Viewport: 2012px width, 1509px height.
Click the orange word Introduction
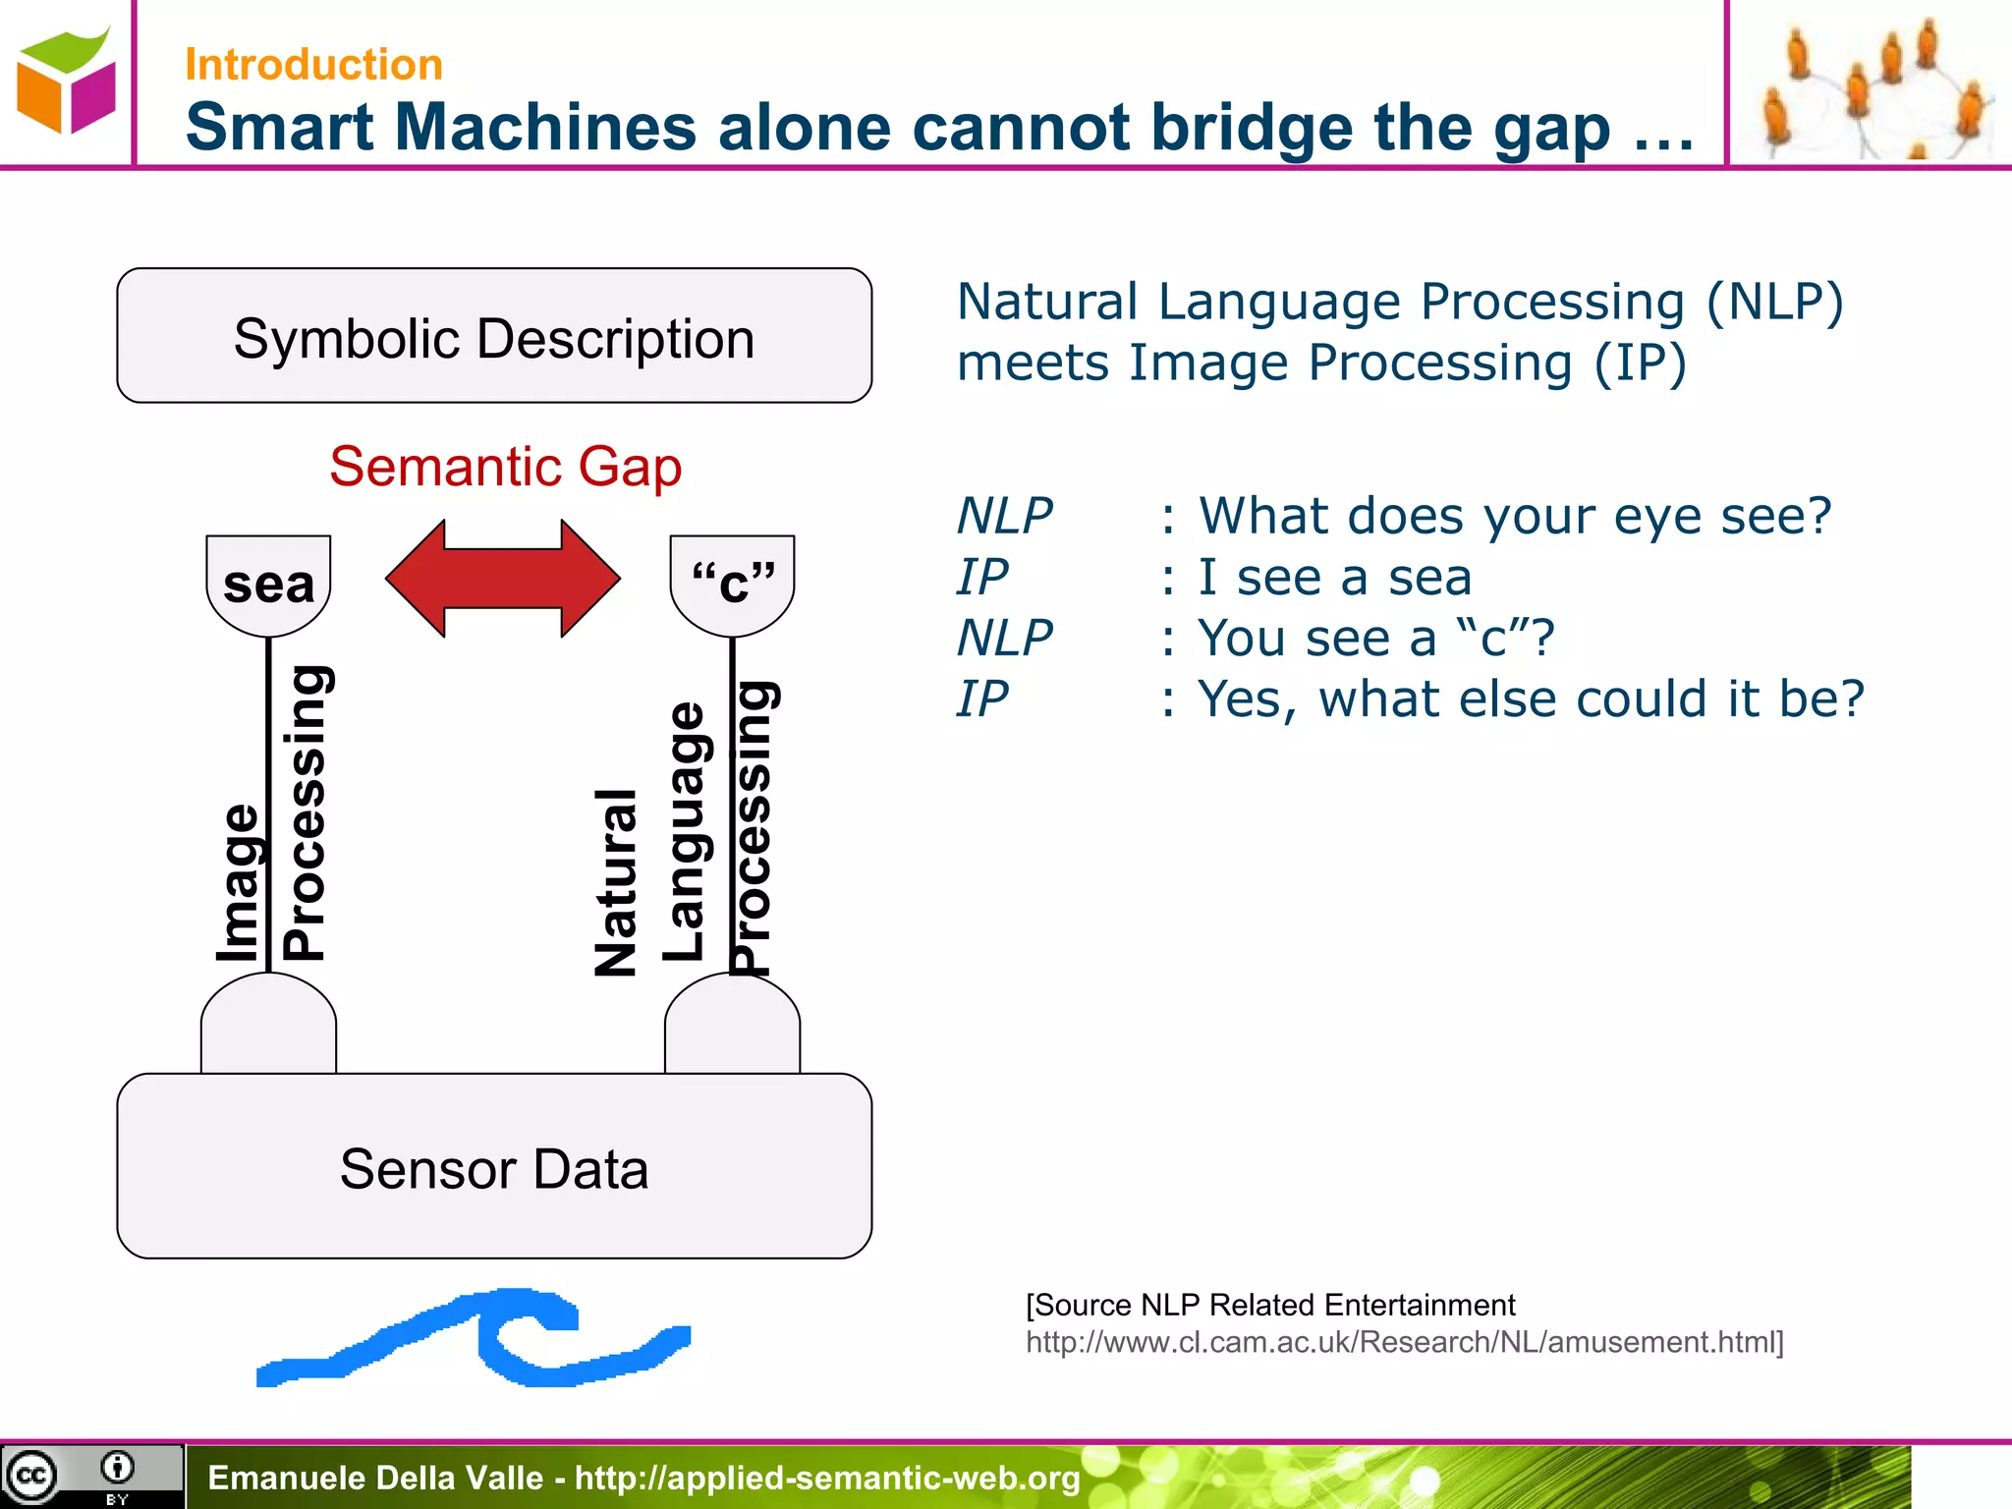coord(313,65)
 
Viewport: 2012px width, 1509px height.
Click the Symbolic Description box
coord(494,336)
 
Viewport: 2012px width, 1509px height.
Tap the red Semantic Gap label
coord(505,467)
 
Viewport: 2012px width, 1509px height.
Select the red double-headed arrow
coord(503,579)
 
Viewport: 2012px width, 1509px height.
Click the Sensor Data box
coord(494,1167)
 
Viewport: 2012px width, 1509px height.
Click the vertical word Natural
coord(617,882)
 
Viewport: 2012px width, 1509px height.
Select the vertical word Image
coord(238,882)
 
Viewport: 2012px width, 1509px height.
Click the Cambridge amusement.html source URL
coord(1405,1342)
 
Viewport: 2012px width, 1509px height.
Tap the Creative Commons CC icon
coord(31,1476)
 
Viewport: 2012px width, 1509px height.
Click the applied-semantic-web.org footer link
coord(827,1478)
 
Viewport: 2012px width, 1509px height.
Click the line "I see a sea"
coord(1334,577)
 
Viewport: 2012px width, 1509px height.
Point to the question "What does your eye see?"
coord(1515,516)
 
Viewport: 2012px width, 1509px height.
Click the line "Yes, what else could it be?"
coord(1531,699)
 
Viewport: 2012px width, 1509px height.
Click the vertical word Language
coord(685,831)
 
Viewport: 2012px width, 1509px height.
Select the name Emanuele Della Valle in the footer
coord(375,1478)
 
